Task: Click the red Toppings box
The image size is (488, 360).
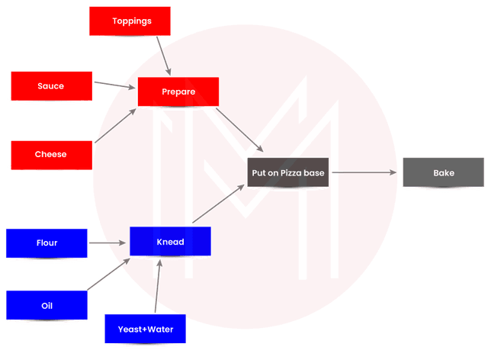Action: [x=131, y=21]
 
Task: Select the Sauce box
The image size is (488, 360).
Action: [x=51, y=85]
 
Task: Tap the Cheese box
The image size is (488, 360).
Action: [x=51, y=154]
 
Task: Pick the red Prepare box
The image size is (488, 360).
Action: [x=178, y=92]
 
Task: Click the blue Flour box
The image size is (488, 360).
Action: [x=47, y=243]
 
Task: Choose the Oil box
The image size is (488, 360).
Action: [x=47, y=306]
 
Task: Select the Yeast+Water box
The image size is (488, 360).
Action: [x=145, y=329]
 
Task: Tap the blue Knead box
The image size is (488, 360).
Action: [x=170, y=242]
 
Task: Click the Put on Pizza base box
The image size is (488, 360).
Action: [x=288, y=173]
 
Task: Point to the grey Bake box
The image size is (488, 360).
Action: [x=443, y=173]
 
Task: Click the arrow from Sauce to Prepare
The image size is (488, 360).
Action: [x=115, y=84]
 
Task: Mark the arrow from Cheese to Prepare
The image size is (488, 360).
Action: [x=115, y=127]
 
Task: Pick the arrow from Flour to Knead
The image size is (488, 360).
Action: [x=108, y=243]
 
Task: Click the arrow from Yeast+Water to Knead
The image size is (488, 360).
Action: [x=156, y=287]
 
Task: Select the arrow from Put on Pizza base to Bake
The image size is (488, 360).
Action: [x=364, y=172]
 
